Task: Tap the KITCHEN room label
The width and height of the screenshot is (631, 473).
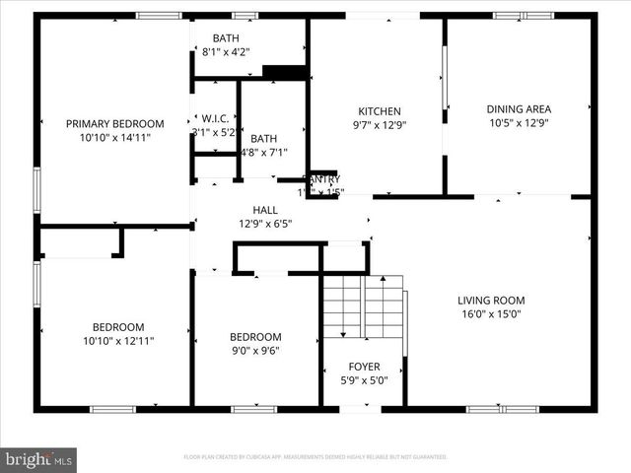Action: pyautogui.click(x=379, y=111)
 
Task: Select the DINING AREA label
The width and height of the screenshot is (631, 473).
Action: pyautogui.click(x=519, y=109)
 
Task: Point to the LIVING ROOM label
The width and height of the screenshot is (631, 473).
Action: pyautogui.click(x=491, y=301)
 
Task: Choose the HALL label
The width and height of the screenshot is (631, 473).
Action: pyautogui.click(x=265, y=210)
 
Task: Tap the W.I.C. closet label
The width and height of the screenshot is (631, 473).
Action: pyautogui.click(x=215, y=116)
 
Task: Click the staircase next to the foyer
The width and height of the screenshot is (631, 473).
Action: pyautogui.click(x=364, y=307)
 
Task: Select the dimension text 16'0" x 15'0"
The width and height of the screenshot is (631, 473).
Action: pyautogui.click(x=491, y=315)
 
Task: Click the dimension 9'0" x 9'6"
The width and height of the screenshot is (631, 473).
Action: pyautogui.click(x=255, y=351)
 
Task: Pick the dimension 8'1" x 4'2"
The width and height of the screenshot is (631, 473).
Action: pyautogui.click(x=226, y=53)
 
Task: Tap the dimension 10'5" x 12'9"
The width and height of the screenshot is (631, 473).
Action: pyautogui.click(x=519, y=124)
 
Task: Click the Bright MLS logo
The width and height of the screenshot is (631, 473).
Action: pyautogui.click(x=39, y=459)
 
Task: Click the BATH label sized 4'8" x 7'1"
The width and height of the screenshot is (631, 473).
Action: pyautogui.click(x=263, y=139)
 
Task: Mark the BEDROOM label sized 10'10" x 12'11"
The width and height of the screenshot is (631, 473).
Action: pyautogui.click(x=118, y=327)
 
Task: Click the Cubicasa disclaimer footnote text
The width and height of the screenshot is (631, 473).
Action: pyautogui.click(x=315, y=457)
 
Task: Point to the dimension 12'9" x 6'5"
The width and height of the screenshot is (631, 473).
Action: pyautogui.click(x=265, y=224)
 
